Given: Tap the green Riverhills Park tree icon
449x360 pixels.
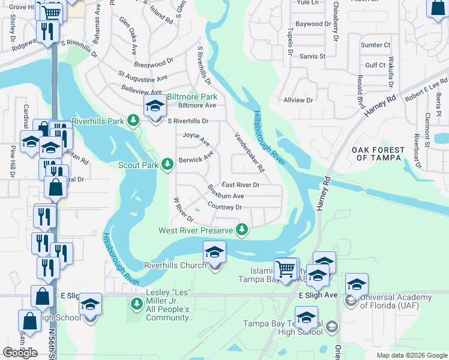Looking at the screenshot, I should click(x=133, y=121).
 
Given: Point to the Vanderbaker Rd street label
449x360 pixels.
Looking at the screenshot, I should click(x=249, y=152).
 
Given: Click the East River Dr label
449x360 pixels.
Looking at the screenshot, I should click(x=240, y=185).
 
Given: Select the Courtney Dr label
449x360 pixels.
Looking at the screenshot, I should click(x=224, y=207).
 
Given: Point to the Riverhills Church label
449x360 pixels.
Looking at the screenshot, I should click(x=175, y=265).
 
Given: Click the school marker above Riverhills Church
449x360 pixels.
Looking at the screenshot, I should click(x=214, y=253).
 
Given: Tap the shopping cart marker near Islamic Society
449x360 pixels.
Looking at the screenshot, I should click(x=286, y=268).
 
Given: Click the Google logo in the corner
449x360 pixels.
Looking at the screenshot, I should click(x=20, y=353).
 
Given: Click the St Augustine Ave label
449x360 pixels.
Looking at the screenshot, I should click(x=143, y=77).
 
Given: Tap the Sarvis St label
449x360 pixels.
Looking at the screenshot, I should click(x=313, y=56).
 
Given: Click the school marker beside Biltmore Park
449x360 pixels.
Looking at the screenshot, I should click(x=155, y=108).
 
